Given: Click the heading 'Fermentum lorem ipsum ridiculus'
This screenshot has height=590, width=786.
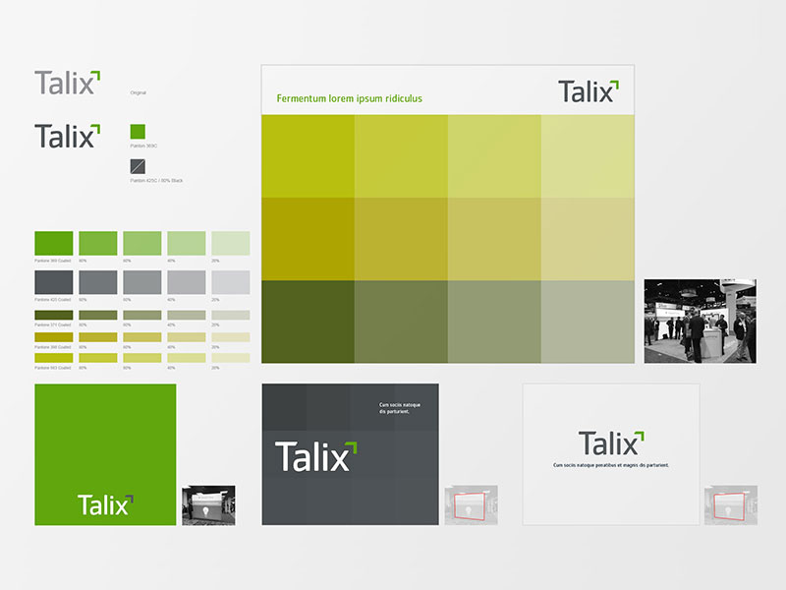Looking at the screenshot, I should (x=349, y=98).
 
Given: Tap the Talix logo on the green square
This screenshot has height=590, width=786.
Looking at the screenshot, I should (x=104, y=504).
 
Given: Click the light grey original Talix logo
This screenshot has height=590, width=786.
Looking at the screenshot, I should (x=67, y=83).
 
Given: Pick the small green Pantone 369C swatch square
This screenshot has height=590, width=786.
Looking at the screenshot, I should (x=138, y=131).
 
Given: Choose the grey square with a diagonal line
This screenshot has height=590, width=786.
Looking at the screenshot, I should (x=138, y=166).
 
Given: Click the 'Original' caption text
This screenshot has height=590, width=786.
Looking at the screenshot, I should (x=139, y=92).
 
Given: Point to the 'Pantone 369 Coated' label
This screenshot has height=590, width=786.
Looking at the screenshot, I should (x=51, y=261).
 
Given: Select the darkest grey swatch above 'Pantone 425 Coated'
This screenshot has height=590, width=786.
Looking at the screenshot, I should (x=53, y=282).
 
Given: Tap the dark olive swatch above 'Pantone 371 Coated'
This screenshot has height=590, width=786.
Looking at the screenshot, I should (x=53, y=315).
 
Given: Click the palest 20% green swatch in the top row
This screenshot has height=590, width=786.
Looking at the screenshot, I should (x=230, y=243).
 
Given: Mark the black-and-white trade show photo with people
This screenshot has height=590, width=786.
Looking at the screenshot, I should (x=700, y=321).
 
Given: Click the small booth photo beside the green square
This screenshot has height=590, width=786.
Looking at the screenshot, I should (x=208, y=504).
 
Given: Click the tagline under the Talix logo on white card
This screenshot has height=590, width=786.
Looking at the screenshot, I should (x=610, y=464).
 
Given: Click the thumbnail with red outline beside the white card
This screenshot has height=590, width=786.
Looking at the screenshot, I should (x=729, y=504).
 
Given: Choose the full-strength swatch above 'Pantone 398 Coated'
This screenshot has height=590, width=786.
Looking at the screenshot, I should (x=53, y=336).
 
